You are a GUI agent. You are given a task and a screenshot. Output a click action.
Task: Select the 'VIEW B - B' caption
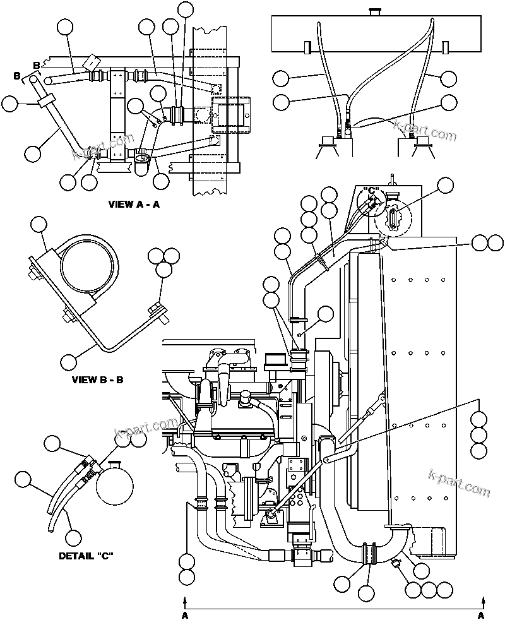click(98, 380)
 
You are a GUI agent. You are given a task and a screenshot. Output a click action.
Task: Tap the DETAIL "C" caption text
click(86, 556)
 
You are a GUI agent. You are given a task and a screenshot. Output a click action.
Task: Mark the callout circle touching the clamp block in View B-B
click(39, 225)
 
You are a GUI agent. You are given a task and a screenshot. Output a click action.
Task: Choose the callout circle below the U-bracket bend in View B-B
click(69, 362)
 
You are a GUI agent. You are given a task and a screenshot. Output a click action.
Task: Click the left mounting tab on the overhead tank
click(307, 48)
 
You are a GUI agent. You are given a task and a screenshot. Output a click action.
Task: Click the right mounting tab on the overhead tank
click(444, 48)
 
